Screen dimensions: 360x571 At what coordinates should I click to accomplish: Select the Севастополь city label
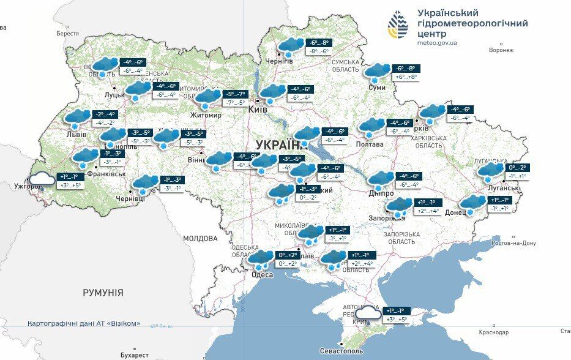[x=341, y=351]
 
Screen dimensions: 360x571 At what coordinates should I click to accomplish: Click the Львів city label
[x=76, y=135]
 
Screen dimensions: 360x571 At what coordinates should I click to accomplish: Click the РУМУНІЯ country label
[x=103, y=293]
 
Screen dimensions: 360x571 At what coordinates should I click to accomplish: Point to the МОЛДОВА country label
[x=200, y=238]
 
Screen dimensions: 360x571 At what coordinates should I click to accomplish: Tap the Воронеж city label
[x=501, y=50]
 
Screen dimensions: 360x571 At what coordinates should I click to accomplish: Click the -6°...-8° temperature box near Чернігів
[x=319, y=43]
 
